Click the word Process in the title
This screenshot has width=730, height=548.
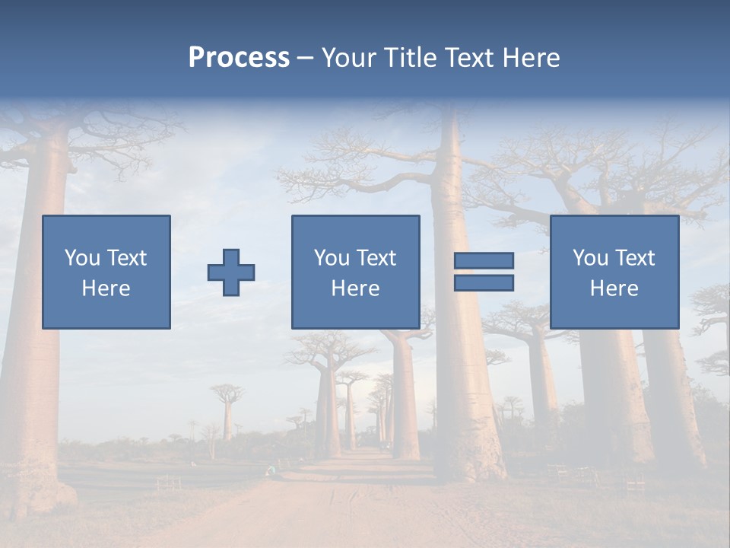pos(239,58)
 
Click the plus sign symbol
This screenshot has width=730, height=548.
pos(231,272)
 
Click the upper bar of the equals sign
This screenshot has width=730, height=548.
pos(484,261)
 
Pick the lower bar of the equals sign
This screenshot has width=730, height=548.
pos(484,283)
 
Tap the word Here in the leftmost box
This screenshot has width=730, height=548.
pos(106,288)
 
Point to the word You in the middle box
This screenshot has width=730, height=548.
pos(332,258)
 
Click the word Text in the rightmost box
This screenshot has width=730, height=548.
pos(636,258)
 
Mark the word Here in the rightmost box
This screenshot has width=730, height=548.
pos(614,288)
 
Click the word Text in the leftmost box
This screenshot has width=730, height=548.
pos(128,258)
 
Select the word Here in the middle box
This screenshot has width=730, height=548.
pos(355,288)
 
